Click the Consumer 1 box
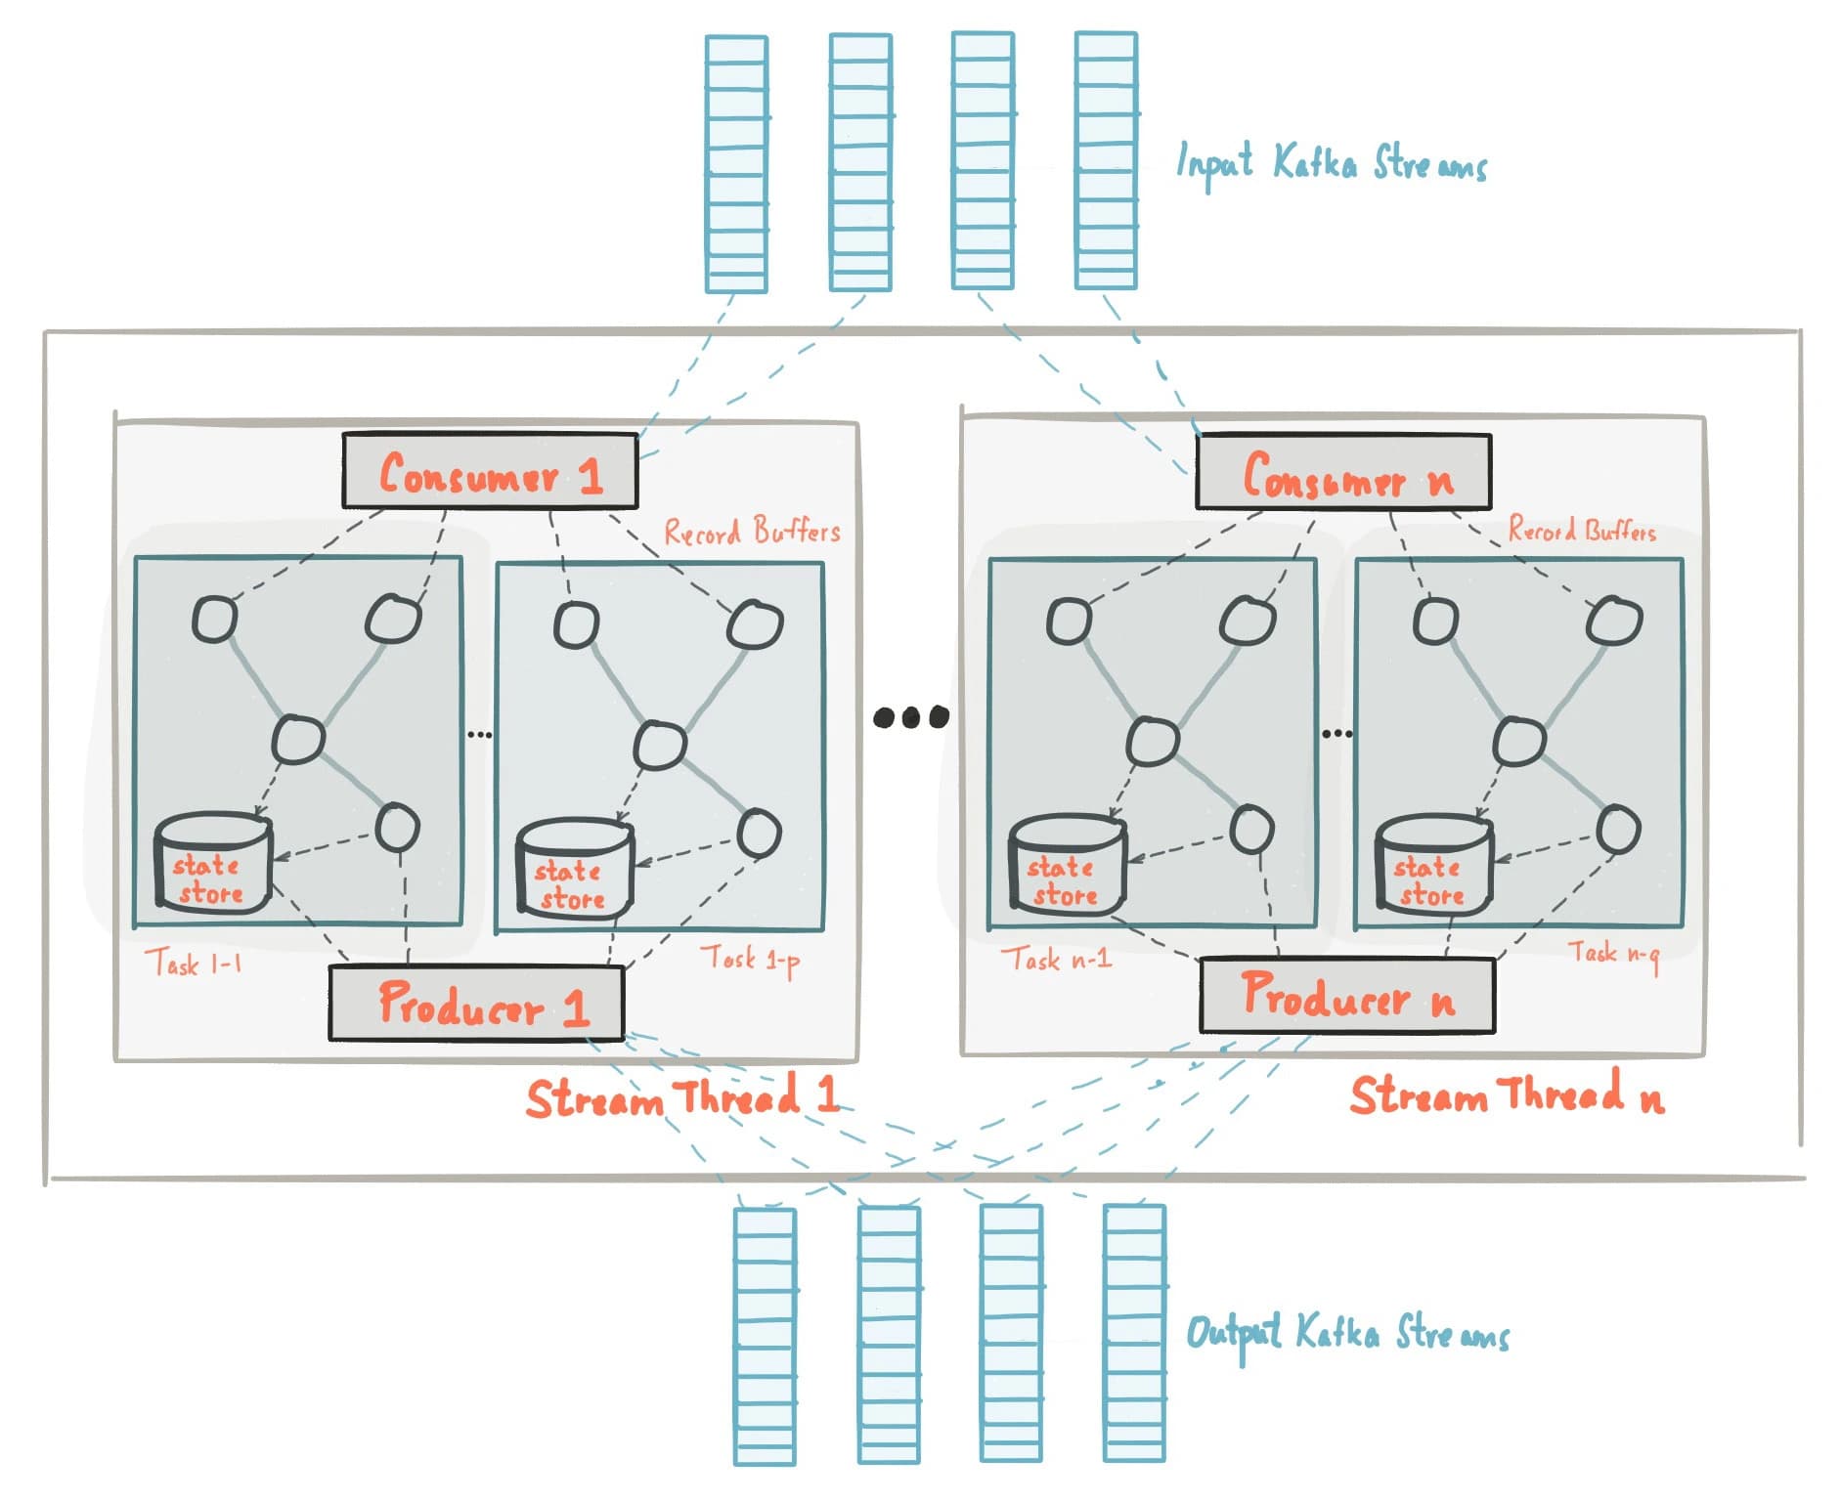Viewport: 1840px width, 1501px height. (489, 472)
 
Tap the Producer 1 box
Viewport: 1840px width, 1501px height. (476, 1004)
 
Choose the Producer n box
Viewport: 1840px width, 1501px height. (1346, 995)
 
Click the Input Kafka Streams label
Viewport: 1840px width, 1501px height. (1331, 164)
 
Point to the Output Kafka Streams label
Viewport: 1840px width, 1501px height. (1347, 1334)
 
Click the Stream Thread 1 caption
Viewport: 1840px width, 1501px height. (681, 1096)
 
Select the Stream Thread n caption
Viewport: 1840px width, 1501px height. (1506, 1094)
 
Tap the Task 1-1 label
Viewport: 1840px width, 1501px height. (194, 964)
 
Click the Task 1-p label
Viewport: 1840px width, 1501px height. (750, 959)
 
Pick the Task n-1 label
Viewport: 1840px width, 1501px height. (1056, 959)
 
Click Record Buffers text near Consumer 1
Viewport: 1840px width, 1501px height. (752, 532)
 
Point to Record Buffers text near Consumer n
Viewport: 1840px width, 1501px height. (1581, 531)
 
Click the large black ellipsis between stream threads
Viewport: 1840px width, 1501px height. (910, 717)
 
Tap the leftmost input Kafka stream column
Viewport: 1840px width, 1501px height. (736, 163)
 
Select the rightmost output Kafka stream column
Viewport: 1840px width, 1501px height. (1134, 1334)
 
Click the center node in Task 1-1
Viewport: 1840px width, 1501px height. (297, 739)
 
